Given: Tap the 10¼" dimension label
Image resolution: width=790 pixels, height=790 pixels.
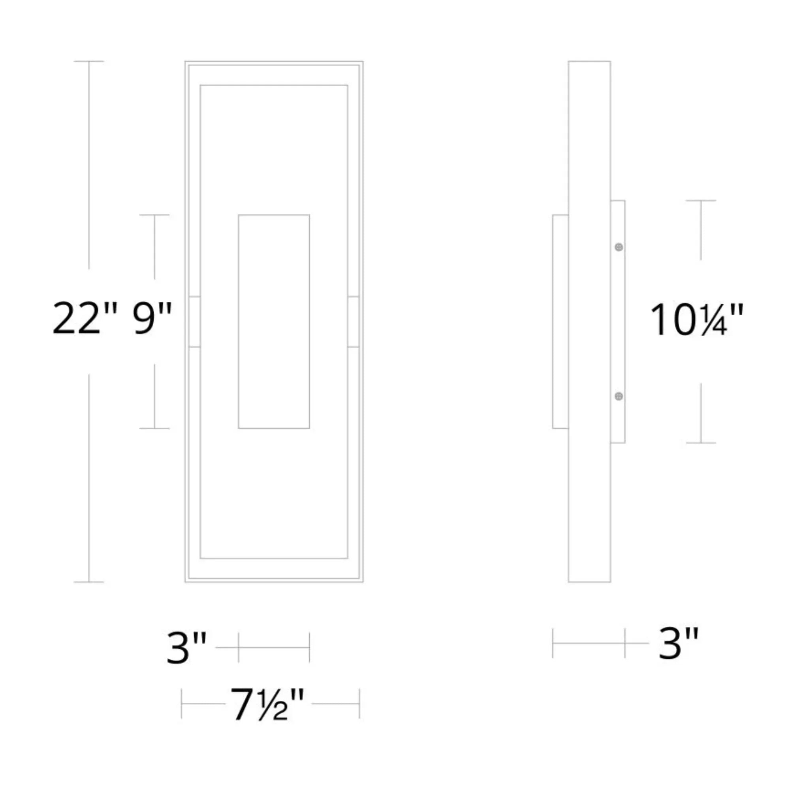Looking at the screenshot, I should point(696,321).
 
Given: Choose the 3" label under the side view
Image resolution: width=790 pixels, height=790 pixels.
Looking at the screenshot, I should point(678,644).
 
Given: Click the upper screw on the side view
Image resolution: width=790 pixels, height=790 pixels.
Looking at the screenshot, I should point(619,247).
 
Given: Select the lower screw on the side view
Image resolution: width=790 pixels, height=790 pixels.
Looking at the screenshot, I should point(619,396).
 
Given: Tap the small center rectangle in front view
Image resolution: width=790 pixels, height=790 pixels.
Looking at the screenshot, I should point(274,322).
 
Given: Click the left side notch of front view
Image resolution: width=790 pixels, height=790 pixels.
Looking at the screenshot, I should point(194,322).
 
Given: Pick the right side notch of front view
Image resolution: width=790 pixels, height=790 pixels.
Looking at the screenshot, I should point(353,322).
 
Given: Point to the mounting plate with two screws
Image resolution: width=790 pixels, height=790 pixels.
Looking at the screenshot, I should point(618,322).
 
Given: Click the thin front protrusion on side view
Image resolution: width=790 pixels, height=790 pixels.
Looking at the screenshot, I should point(560,322).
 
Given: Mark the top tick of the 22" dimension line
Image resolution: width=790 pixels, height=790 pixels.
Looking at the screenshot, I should point(89,61).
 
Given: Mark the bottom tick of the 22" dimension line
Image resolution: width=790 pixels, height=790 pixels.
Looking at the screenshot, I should point(89,581).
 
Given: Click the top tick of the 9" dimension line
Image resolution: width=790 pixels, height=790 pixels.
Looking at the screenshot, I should point(154,214).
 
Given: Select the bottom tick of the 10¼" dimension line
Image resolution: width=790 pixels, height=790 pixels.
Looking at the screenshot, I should point(701,443).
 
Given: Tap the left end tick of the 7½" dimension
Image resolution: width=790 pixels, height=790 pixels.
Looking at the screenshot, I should point(182,704).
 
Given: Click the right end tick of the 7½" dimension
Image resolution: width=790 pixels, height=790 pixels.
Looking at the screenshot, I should point(359,704).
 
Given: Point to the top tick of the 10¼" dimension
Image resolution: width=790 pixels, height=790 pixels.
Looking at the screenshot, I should point(701,200).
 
